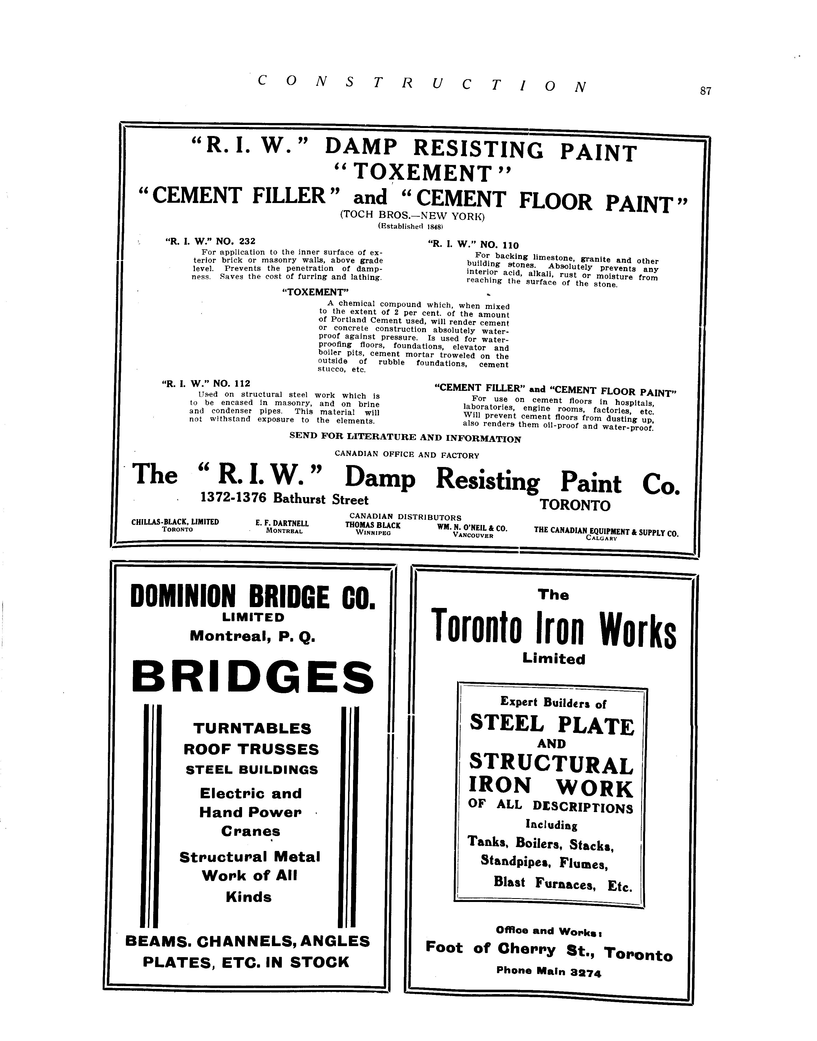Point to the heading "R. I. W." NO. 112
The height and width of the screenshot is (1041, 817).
(206, 383)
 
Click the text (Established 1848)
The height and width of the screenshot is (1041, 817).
(411, 226)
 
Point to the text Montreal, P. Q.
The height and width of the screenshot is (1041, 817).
(253, 636)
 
